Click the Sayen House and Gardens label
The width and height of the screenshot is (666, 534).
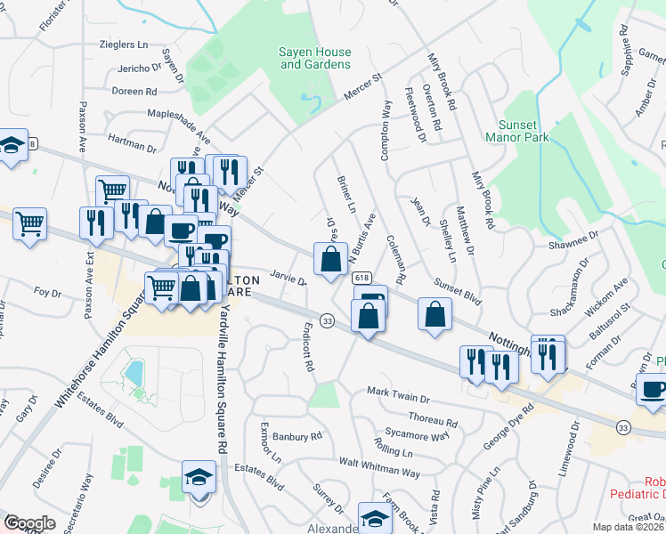pyautogui.click(x=315, y=59)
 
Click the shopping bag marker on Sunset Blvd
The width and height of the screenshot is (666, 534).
pyautogui.click(x=435, y=315)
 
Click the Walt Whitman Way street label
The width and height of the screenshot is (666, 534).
pyautogui.click(x=380, y=466)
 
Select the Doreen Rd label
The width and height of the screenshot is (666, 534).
pyautogui.click(x=134, y=91)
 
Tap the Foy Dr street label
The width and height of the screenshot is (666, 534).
pyautogui.click(x=46, y=292)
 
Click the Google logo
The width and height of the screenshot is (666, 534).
pyautogui.click(x=28, y=523)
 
